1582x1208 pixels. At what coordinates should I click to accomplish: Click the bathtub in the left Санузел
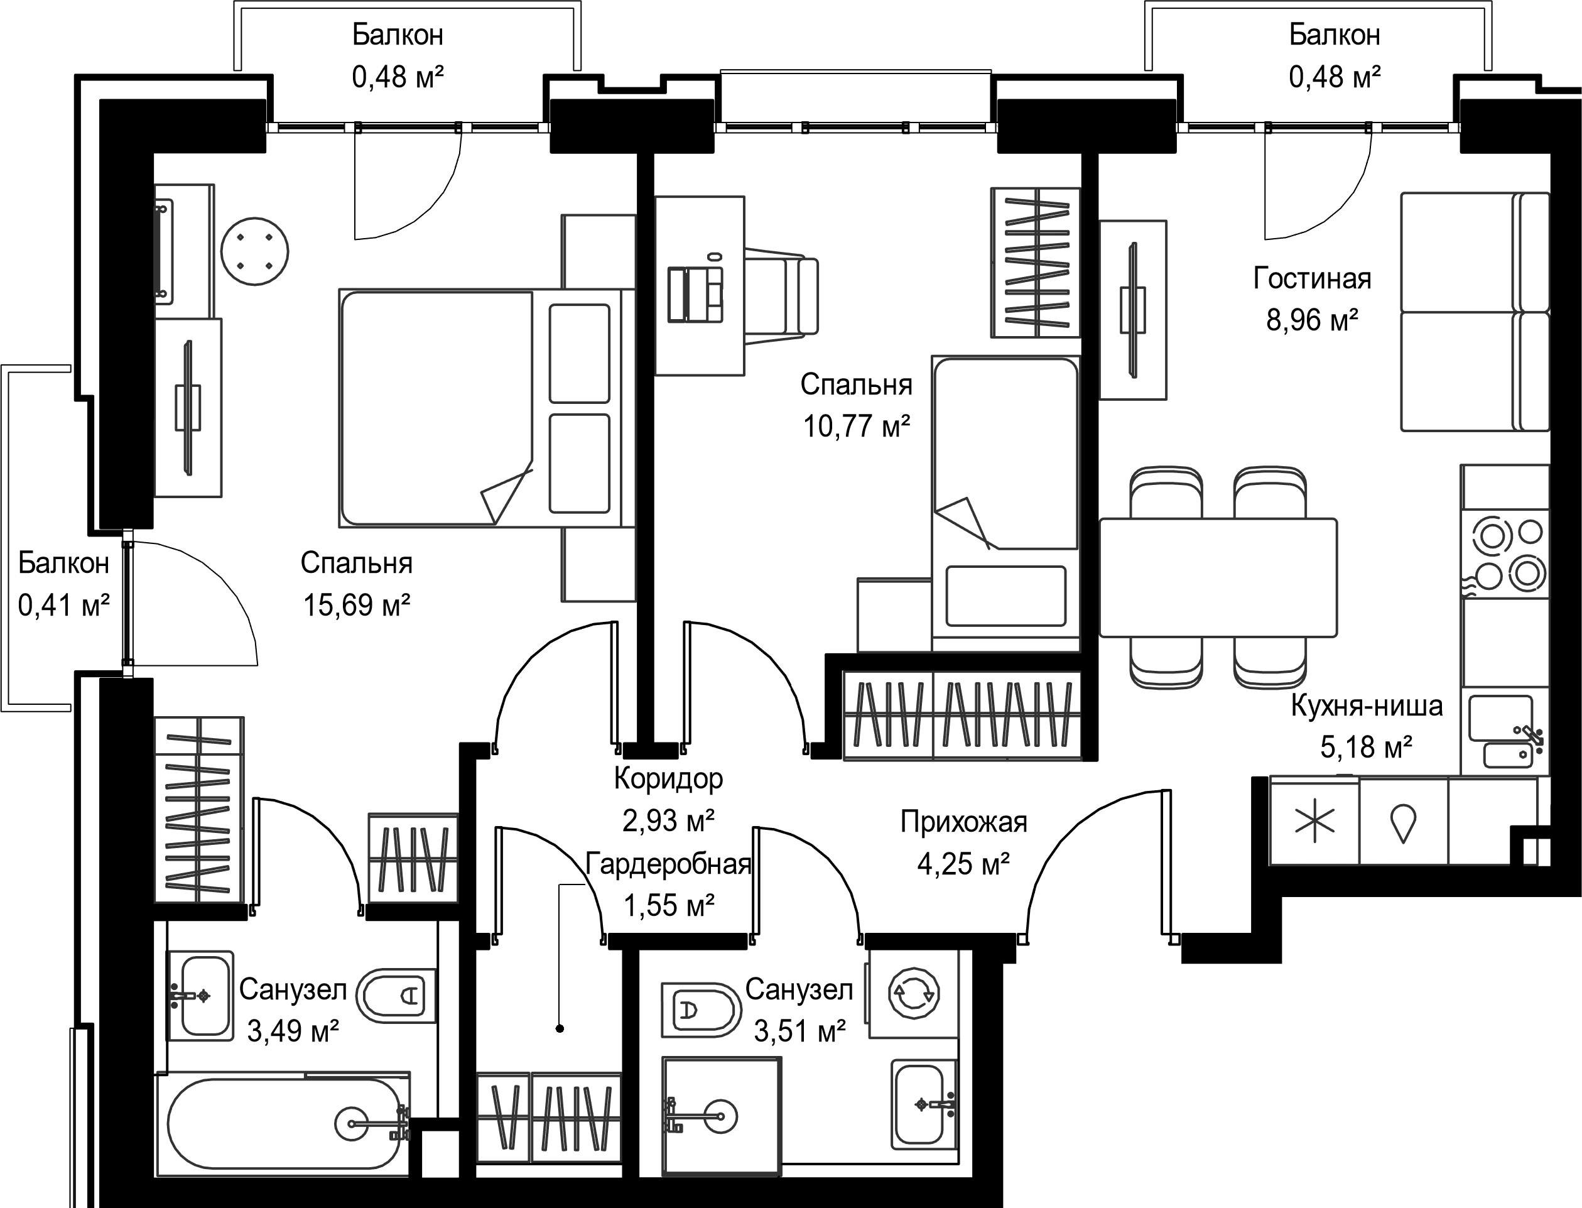point(284,1124)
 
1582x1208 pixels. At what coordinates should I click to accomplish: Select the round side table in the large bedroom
point(254,252)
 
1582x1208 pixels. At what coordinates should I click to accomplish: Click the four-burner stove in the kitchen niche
point(1504,553)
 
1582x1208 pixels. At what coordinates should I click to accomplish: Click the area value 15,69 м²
point(357,606)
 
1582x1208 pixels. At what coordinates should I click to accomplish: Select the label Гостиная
point(1313,278)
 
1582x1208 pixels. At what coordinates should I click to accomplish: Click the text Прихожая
point(964,822)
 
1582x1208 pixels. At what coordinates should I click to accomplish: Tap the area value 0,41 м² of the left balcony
point(64,606)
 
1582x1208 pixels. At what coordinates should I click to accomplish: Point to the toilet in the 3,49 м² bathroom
point(394,995)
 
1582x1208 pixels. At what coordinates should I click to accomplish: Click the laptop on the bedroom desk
point(696,292)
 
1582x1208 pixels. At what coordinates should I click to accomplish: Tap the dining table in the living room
point(1218,577)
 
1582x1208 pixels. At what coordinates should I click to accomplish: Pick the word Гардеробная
point(668,864)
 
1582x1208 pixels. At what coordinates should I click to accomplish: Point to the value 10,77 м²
point(857,427)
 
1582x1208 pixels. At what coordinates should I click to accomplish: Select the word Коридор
point(668,779)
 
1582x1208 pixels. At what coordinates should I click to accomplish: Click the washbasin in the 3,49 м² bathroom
point(200,996)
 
